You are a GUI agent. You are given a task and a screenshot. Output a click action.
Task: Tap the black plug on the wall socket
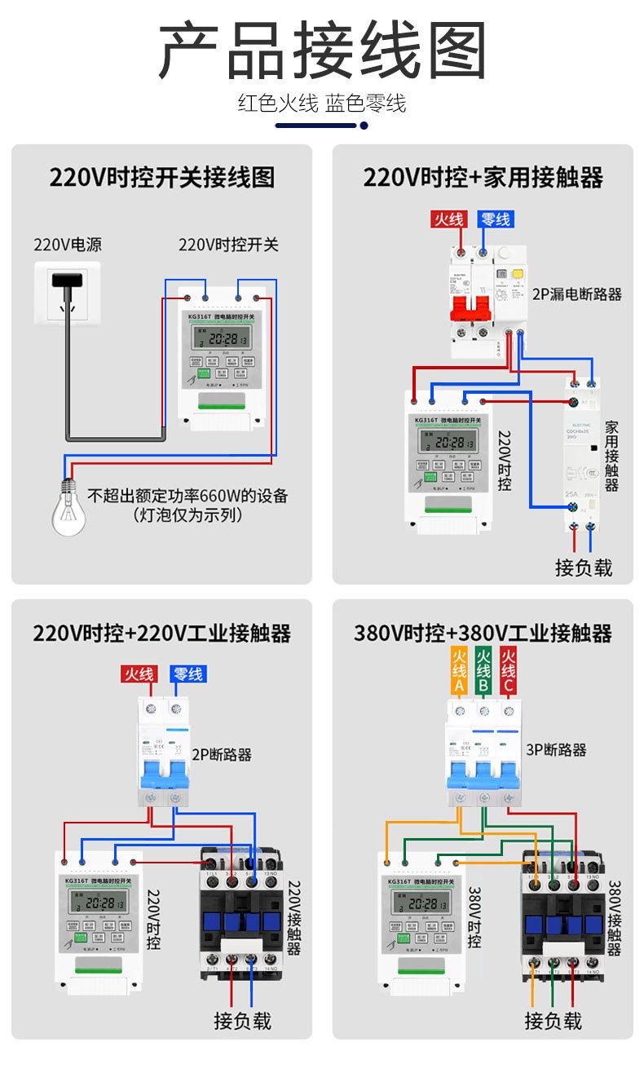tap(68, 279)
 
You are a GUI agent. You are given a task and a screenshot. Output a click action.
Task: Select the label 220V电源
tap(68, 245)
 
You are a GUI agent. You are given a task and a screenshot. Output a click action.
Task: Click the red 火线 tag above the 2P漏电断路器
tap(448, 219)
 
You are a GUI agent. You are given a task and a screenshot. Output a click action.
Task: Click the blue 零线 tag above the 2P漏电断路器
tap(496, 219)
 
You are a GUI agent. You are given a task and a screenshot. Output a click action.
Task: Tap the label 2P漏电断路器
tap(577, 294)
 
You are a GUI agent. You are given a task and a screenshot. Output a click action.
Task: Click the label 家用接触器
tap(611, 456)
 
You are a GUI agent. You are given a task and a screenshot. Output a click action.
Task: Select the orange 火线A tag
tap(458, 671)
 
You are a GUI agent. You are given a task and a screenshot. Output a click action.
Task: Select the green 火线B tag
tap(483, 671)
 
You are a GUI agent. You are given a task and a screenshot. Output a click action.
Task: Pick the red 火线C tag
tap(507, 671)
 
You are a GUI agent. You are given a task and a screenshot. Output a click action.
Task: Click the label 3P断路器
tap(557, 749)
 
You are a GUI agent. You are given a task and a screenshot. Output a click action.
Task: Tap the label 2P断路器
tap(222, 754)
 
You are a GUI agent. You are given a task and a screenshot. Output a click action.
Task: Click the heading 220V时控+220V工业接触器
tap(161, 633)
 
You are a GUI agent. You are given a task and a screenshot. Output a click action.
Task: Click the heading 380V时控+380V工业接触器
tap(483, 633)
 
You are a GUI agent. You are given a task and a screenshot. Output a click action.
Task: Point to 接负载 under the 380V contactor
tap(553, 1020)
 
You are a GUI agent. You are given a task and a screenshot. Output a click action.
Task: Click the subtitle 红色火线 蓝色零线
tap(321, 104)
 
